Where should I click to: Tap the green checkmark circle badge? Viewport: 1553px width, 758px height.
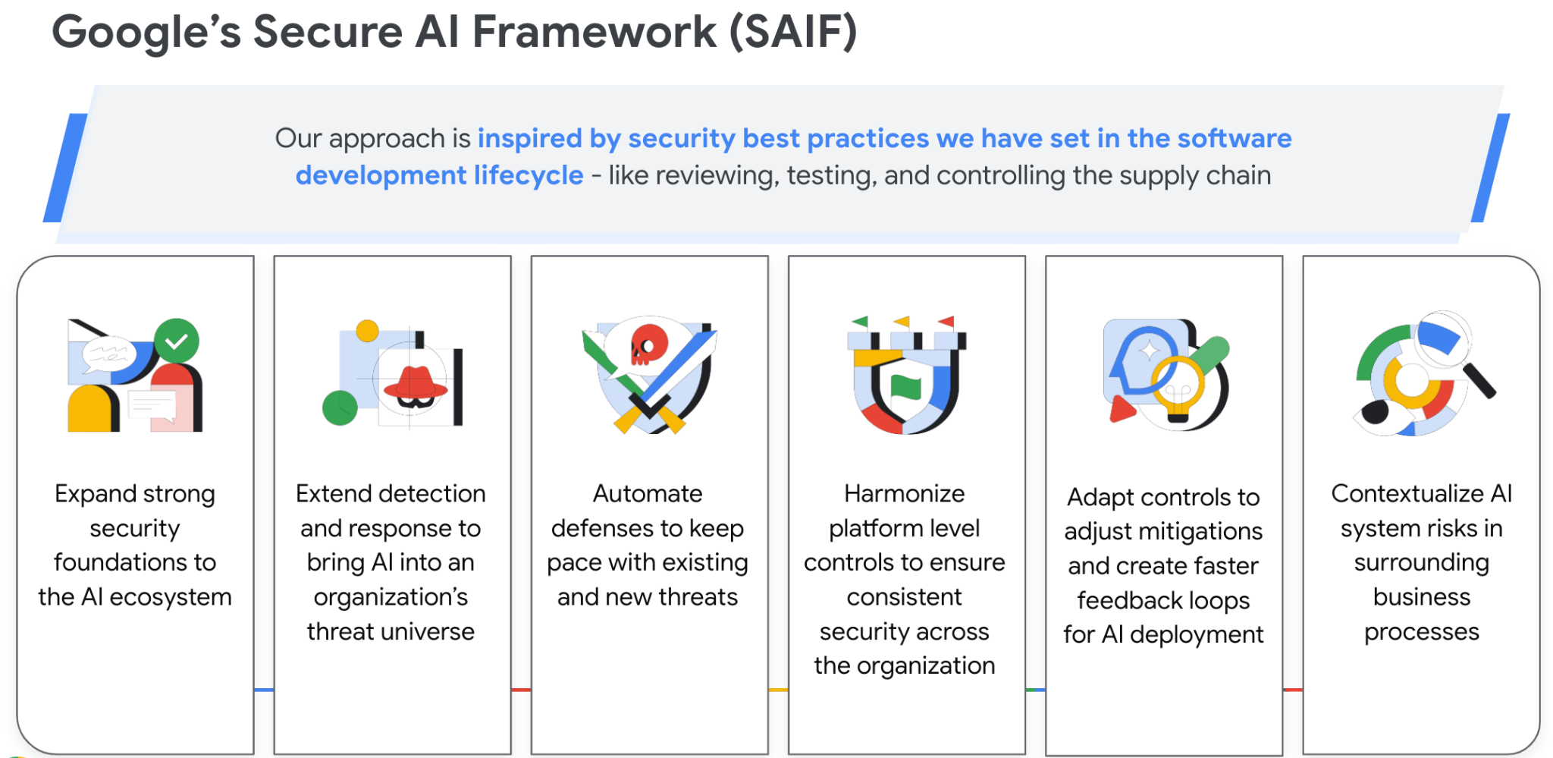coord(177,341)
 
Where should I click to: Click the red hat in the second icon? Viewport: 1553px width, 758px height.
coord(416,383)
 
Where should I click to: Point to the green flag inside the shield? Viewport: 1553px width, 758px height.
coord(905,386)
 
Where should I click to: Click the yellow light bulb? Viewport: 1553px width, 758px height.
coord(1178,388)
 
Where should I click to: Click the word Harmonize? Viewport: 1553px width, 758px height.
coord(905,494)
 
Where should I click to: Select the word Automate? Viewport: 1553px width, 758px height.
coord(648,494)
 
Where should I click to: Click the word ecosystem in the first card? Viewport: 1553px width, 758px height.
coord(171,598)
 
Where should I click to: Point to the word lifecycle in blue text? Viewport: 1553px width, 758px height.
coord(529,176)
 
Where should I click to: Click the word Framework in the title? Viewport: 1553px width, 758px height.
coord(595,32)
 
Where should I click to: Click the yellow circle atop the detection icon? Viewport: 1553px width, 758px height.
coord(367,331)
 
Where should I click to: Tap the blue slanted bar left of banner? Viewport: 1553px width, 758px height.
coord(65,168)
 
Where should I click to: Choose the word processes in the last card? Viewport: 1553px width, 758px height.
coord(1422,633)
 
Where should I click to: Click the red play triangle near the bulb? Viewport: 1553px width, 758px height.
coord(1122,410)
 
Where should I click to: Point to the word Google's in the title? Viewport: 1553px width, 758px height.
coord(146,33)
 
